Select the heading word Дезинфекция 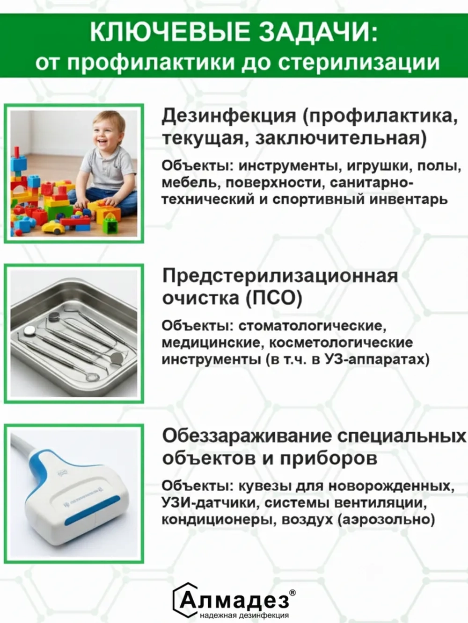click(229, 116)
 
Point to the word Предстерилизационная click(280, 276)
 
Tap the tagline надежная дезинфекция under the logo click(244, 616)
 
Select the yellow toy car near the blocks click(53, 228)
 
